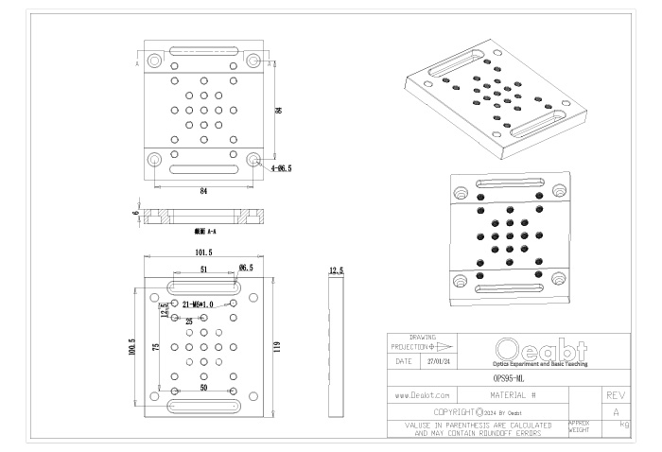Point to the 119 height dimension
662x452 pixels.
[276, 347]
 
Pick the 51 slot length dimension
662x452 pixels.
[203, 269]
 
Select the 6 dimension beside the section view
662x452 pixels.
[135, 214]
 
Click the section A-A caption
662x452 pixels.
[204, 231]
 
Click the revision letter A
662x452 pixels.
[617, 412]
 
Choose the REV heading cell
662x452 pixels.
[617, 393]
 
